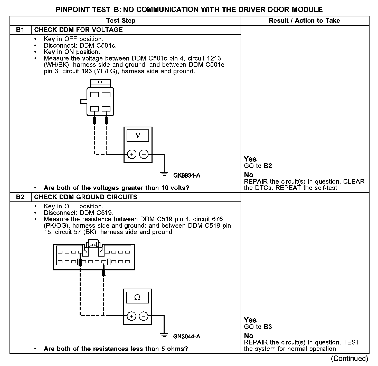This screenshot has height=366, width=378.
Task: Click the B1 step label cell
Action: point(20,30)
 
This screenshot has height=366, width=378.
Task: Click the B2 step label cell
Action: point(20,197)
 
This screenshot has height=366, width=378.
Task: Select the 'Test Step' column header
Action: point(121,21)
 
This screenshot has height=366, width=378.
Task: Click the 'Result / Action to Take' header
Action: point(304,21)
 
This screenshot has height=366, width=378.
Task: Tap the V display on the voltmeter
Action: point(138,135)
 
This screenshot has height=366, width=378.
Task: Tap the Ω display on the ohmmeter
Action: point(137,298)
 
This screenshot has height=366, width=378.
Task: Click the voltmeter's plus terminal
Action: point(132,154)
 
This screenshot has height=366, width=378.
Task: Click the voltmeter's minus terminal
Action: point(144,154)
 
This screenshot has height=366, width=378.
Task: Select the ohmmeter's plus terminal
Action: point(131,316)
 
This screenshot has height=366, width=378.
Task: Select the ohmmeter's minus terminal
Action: point(144,316)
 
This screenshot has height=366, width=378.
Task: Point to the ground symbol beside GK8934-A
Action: point(164,174)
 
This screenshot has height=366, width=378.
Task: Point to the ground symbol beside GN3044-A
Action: point(164,335)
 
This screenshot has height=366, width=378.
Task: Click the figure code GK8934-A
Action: point(187,176)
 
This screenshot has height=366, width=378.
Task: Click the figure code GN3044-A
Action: point(187,337)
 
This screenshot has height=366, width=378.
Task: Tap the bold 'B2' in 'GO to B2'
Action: point(268,166)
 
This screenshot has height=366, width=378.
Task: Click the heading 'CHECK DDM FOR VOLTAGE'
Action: point(79,30)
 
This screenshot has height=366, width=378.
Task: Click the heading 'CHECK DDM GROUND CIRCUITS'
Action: point(86,197)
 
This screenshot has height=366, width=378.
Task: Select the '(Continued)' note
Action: point(349,358)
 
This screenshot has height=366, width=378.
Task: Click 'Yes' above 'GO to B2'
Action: point(250,159)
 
